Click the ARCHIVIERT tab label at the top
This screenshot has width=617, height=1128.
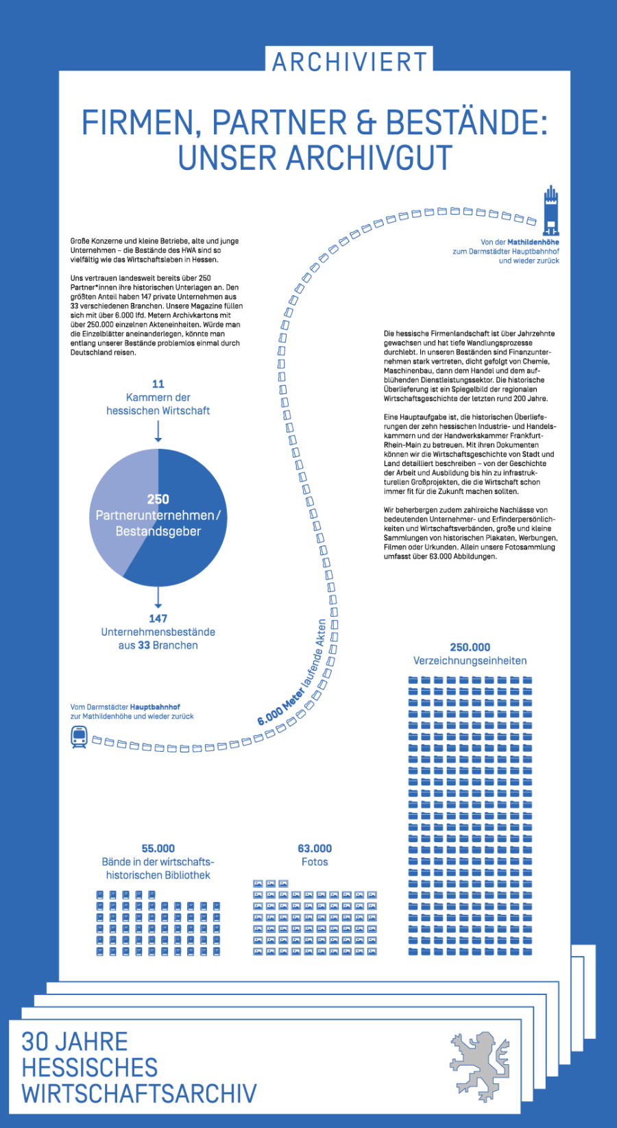[x=350, y=62]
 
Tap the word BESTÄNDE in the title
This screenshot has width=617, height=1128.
[x=466, y=123]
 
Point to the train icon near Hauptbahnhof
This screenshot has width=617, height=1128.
[x=80, y=737]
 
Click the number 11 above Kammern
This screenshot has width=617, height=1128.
[x=158, y=384]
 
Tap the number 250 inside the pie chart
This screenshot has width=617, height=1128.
[x=158, y=499]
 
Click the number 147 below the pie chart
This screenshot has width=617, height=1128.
[x=158, y=618]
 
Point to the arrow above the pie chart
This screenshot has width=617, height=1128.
[x=158, y=432]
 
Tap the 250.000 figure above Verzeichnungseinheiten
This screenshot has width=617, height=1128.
[x=470, y=647]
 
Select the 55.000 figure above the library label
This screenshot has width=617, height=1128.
[x=158, y=848]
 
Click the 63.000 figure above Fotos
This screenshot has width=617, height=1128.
[x=315, y=848]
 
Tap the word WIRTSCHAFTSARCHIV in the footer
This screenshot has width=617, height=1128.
[x=139, y=1094]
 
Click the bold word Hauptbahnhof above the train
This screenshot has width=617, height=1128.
[x=155, y=707]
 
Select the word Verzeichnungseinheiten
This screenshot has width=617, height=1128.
[x=470, y=661]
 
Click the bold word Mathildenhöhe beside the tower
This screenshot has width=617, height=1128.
[x=533, y=242]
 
